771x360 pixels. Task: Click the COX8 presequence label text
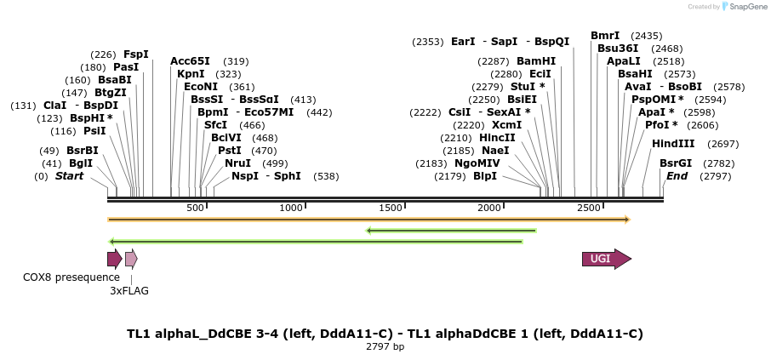click(71, 277)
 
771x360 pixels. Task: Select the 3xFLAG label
click(129, 291)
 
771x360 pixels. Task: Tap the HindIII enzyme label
click(673, 144)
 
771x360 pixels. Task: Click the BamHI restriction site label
click(536, 61)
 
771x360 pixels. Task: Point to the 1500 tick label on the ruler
click(391, 209)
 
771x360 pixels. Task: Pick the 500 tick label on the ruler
click(195, 209)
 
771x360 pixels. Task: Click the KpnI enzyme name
click(191, 74)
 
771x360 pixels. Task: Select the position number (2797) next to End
click(715, 176)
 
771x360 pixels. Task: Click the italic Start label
click(70, 176)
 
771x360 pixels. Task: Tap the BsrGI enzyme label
click(676, 163)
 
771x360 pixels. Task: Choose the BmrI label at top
click(605, 36)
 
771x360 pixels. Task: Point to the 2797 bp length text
click(385, 347)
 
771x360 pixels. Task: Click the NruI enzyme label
click(238, 163)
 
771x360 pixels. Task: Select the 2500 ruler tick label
click(588, 209)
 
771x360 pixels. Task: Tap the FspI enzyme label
click(136, 54)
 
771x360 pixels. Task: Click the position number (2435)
click(647, 36)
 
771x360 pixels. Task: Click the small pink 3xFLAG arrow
click(130, 260)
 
